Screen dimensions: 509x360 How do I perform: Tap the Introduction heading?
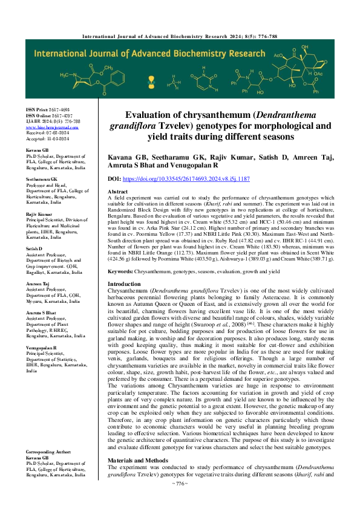coord(124,284)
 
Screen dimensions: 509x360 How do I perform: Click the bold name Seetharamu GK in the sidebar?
coord(41,180)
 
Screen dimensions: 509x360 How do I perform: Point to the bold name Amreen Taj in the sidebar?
coord(38,282)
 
